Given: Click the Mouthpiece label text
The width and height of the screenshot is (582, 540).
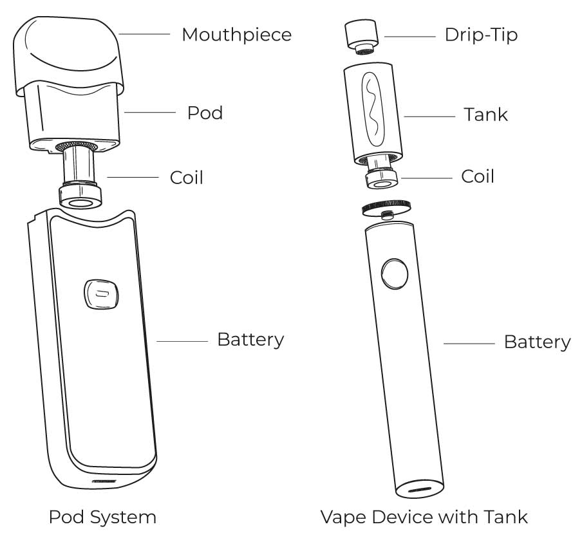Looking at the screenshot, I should pos(236,35).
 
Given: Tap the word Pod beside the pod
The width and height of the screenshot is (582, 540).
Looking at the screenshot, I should pos(205,113).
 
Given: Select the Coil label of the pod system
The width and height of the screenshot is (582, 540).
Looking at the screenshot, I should pos(186,177).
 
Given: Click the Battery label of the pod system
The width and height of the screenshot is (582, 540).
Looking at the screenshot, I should pos(250,340).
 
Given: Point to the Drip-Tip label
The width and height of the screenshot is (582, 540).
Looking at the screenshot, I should pos(480,35).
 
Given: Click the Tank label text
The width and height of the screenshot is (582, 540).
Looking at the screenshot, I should pos(485,115).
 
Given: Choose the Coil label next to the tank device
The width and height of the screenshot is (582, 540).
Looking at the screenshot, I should pos(478,176).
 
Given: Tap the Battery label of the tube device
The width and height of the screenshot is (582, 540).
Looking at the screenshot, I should pos(536,342).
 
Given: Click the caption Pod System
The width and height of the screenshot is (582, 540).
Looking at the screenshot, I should pos(102,517).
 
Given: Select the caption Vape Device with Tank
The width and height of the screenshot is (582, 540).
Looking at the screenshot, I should pos(424,517).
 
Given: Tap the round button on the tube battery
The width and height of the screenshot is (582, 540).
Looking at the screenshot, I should pos(394,274).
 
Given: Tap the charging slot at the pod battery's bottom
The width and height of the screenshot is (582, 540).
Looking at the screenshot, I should pos(105,481).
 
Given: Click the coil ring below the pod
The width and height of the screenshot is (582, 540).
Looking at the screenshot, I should pos(80,197).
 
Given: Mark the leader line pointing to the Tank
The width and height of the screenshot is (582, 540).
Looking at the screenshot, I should pos(429,116).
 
